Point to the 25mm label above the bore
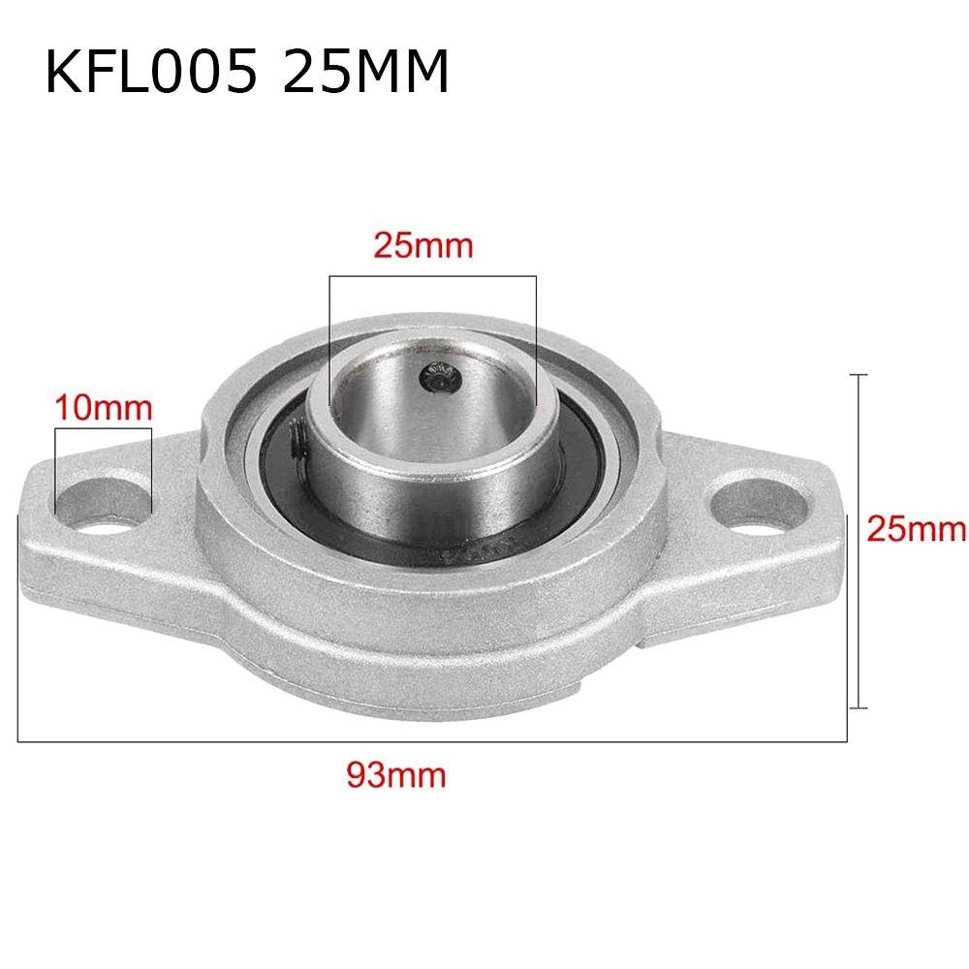[x=423, y=245]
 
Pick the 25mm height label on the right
[x=916, y=528]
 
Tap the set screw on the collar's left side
[x=296, y=442]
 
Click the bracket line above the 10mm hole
[x=104, y=427]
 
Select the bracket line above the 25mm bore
[x=432, y=277]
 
